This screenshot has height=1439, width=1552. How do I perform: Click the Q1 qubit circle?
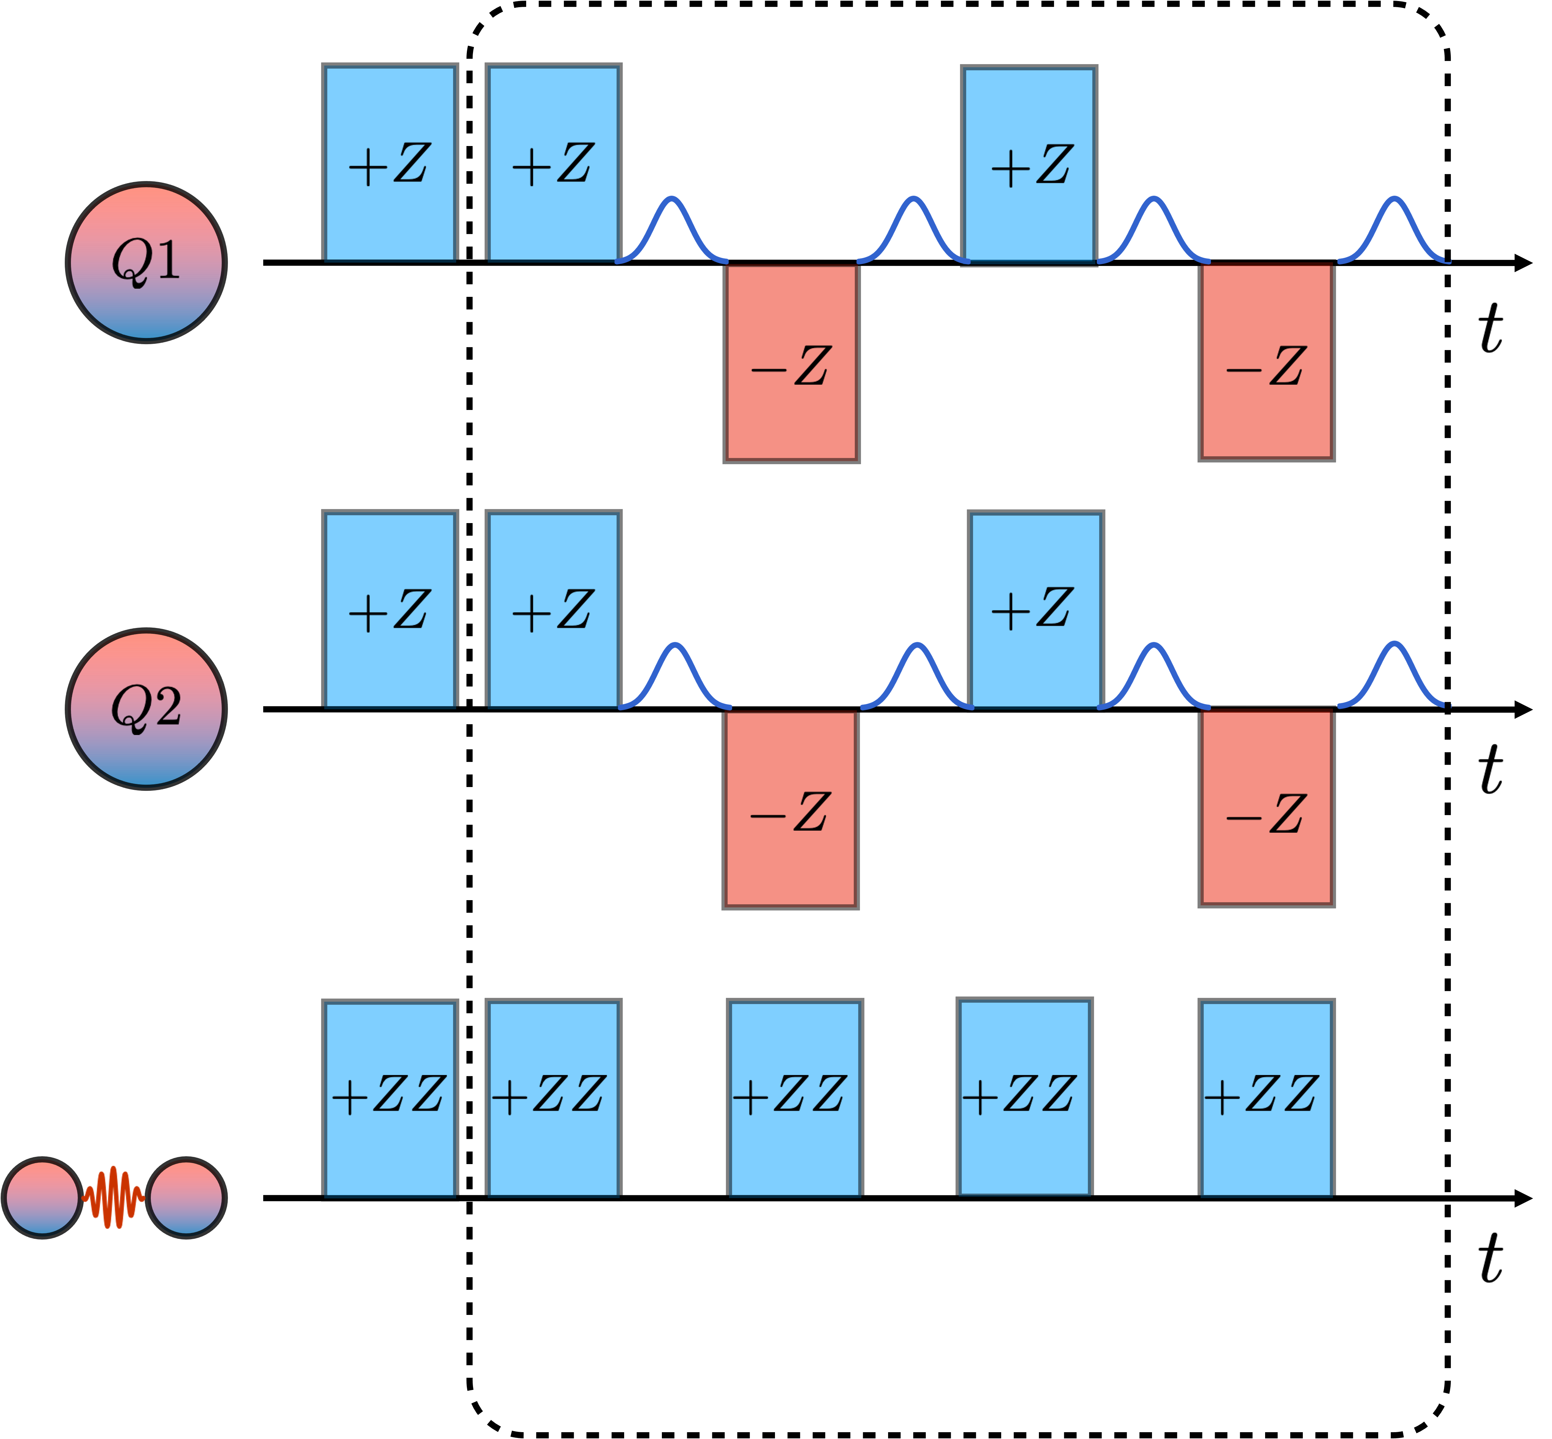(146, 263)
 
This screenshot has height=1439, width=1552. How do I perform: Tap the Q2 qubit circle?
(146, 709)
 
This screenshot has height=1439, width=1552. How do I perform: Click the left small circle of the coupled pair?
(43, 1198)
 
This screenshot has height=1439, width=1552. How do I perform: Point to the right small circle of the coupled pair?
(186, 1198)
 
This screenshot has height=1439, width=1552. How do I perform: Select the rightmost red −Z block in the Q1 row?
(1266, 361)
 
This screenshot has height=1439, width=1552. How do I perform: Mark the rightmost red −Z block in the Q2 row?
(1266, 808)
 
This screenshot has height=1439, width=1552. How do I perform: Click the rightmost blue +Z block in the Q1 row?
(1029, 165)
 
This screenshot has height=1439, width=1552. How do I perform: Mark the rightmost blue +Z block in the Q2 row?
(1036, 610)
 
